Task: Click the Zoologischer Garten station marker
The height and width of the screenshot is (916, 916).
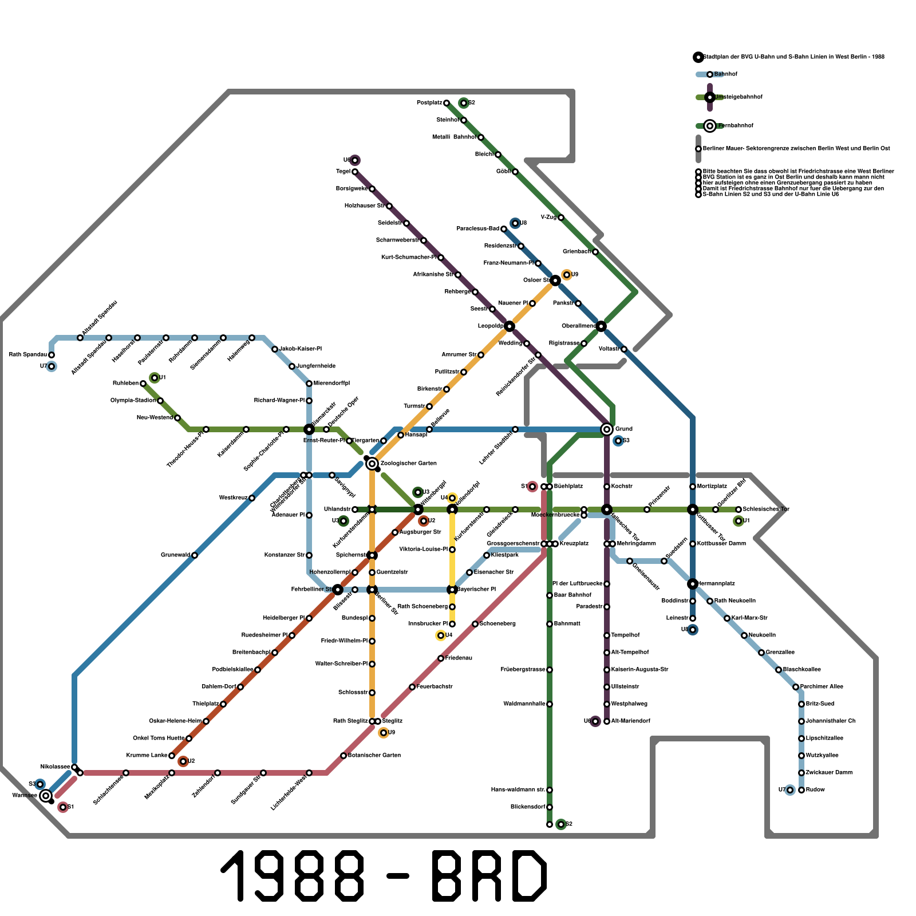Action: tap(372, 463)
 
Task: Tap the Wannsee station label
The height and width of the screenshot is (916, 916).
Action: tap(25, 795)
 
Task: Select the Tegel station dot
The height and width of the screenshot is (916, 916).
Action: tap(355, 172)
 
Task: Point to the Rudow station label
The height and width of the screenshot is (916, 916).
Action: tap(815, 789)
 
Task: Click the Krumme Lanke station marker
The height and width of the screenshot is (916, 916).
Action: tap(172, 756)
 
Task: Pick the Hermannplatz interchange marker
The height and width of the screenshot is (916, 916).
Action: tap(693, 584)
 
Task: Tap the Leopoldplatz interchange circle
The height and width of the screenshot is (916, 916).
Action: tap(510, 326)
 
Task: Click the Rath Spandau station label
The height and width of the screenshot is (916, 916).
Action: tap(27, 354)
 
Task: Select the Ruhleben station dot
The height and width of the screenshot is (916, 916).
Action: tap(143, 384)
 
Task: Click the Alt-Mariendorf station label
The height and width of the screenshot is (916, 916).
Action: tap(630, 721)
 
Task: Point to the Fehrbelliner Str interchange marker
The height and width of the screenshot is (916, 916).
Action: tap(338, 590)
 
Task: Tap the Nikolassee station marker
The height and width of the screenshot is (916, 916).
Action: tap(74, 767)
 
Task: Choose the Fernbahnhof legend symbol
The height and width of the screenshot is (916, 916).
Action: tap(710, 126)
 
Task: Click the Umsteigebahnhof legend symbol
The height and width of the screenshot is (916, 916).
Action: tap(710, 97)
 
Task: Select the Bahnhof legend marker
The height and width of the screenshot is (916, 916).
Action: tap(710, 74)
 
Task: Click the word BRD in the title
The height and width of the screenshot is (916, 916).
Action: tap(489, 876)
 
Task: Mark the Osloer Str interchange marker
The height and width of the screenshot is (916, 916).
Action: tap(555, 281)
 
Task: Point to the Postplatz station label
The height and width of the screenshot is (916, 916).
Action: tap(429, 103)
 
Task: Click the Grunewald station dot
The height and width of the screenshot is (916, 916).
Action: tap(195, 555)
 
